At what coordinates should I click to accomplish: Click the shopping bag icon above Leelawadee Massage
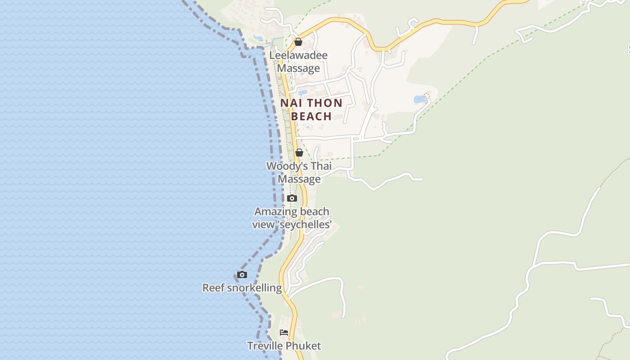(298, 42)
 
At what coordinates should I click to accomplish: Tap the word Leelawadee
(298, 55)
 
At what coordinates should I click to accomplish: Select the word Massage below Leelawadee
(298, 68)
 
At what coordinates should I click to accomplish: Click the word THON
(324, 103)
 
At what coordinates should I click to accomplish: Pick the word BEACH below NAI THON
(311, 116)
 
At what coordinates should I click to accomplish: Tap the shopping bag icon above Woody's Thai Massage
(299, 153)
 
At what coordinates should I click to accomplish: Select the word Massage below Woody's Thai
(299, 179)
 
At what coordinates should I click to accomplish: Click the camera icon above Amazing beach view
(292, 198)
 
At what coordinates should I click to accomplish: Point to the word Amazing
(273, 211)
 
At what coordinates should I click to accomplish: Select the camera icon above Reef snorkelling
(242, 274)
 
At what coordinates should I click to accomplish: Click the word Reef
(213, 288)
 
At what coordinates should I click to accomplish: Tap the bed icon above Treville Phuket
(283, 333)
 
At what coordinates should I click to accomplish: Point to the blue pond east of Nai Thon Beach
(419, 99)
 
